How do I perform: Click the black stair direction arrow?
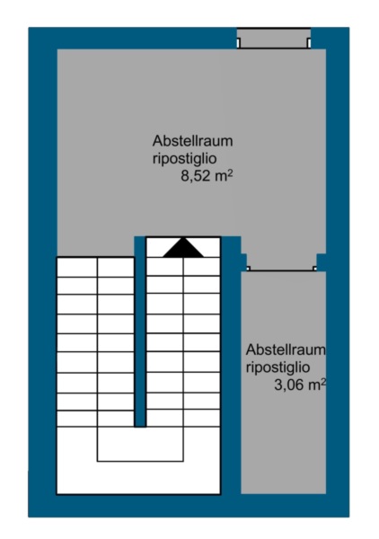coord(183,248)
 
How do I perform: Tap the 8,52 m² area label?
coord(207,176)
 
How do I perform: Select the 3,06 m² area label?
coord(300,384)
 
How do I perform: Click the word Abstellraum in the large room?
coord(193,141)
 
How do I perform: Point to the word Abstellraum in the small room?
coord(286,349)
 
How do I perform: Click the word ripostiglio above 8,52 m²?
coord(184,159)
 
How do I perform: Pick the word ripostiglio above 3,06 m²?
coord(278,367)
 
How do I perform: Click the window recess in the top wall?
coord(274,39)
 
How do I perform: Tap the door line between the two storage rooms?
coord(282,270)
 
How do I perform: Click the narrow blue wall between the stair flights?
coord(140,332)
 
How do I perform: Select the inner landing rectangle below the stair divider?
coord(140,444)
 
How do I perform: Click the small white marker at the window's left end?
coord(239,43)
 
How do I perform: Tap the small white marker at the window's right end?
coord(309,43)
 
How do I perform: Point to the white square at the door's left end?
coord(249,268)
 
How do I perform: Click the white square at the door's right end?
coord(314,268)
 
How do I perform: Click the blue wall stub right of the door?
coord(322,262)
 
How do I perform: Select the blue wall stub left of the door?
coord(243,262)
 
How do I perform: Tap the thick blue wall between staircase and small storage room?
coord(231,365)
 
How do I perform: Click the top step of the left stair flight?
coord(95,267)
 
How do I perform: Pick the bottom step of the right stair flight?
coord(183,419)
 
